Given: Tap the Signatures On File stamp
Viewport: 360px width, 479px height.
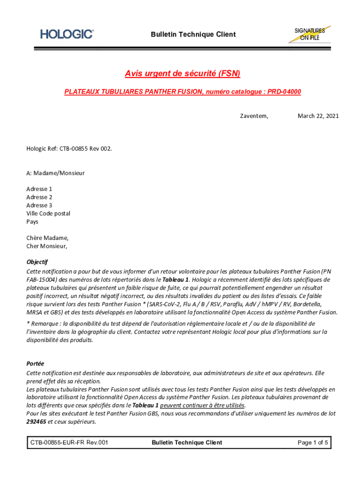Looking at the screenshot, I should (x=310, y=34).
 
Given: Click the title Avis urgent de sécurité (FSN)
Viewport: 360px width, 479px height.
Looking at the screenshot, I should (x=182, y=74).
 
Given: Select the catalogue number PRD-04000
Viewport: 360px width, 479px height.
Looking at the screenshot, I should (x=284, y=92).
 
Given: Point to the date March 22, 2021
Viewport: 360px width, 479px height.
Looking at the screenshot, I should (x=318, y=116).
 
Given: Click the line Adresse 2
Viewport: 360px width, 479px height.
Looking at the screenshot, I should (x=39, y=197).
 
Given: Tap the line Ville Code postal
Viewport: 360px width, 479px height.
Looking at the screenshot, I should (x=48, y=213).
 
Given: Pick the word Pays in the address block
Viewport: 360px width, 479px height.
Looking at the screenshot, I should (x=32, y=222).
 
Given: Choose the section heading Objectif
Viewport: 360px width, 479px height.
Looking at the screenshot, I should (x=37, y=262).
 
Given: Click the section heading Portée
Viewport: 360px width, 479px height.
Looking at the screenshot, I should (x=35, y=363).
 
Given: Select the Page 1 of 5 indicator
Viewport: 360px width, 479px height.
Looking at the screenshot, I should (x=313, y=443).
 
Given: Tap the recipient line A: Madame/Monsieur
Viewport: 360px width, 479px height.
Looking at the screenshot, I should (x=56, y=173).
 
